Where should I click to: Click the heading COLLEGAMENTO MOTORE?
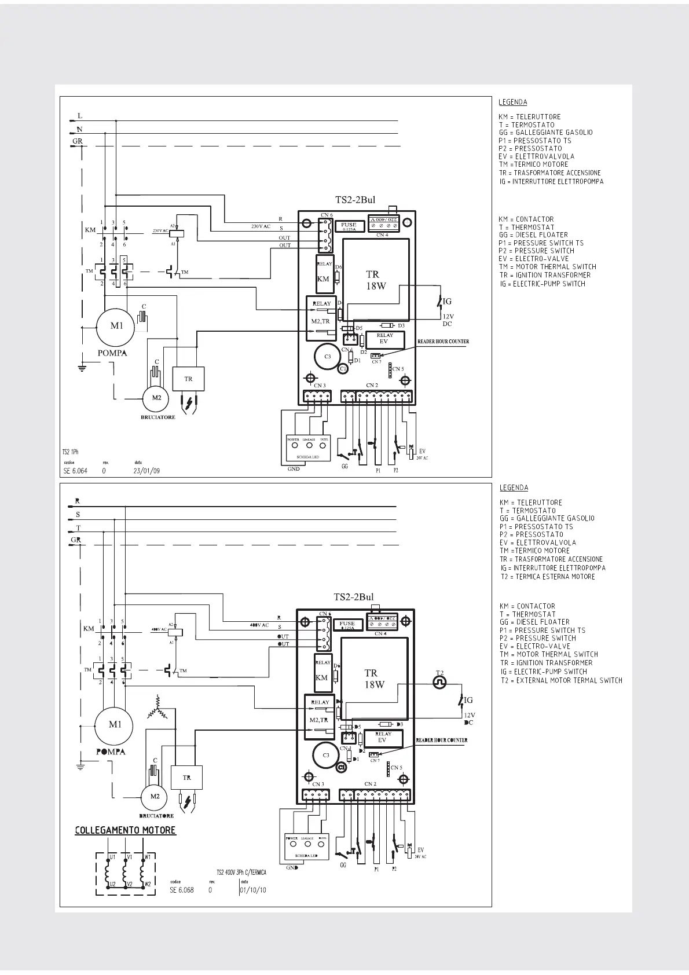[x=125, y=830]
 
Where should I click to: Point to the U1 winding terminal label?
[x=112, y=856]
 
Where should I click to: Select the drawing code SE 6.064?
[x=75, y=471]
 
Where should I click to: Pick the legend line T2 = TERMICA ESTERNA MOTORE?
[x=548, y=577]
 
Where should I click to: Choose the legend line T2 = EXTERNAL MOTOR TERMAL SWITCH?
[x=562, y=680]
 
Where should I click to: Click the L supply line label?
[x=80, y=116]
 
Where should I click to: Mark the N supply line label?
[x=79, y=129]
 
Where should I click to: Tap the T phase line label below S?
[x=78, y=528]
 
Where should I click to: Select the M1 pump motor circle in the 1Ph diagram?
[x=116, y=326]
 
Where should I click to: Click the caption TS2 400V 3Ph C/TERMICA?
[x=241, y=872]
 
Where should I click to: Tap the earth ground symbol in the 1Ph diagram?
[x=82, y=366]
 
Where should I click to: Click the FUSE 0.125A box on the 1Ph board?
[x=349, y=226]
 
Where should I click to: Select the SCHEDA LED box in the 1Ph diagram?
[x=308, y=447]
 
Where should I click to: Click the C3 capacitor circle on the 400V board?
[x=326, y=756]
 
